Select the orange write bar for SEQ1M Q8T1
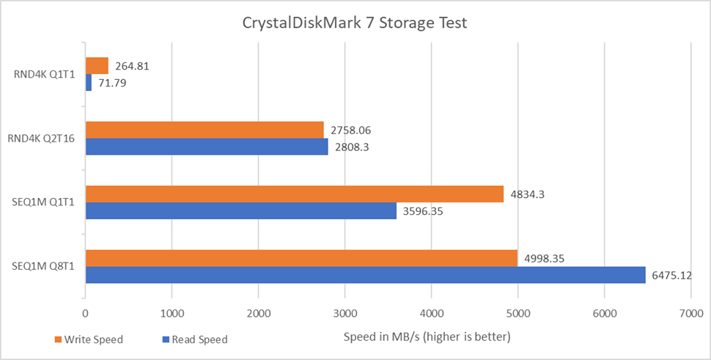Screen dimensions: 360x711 pos(301,258)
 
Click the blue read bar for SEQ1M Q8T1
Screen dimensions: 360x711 pos(365,275)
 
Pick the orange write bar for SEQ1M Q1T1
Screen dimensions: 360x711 pos(295,194)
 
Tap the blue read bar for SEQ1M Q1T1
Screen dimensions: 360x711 pos(240,211)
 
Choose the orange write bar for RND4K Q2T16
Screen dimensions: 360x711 pos(205,130)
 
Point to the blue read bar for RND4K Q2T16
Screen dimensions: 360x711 pos(207,147)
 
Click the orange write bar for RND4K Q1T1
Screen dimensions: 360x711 pos(97,65)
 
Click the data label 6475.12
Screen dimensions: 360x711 pos(671,276)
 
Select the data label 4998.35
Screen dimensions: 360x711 pos(543,259)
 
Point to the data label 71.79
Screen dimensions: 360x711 pos(113,83)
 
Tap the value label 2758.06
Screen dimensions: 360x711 pos(350,131)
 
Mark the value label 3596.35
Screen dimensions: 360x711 pos(423,212)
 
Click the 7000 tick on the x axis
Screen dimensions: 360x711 pos(690,313)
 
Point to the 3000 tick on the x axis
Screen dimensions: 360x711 pos(345,313)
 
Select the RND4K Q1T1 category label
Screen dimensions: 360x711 pos(46,74)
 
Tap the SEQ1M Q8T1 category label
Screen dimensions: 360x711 pos(46,267)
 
